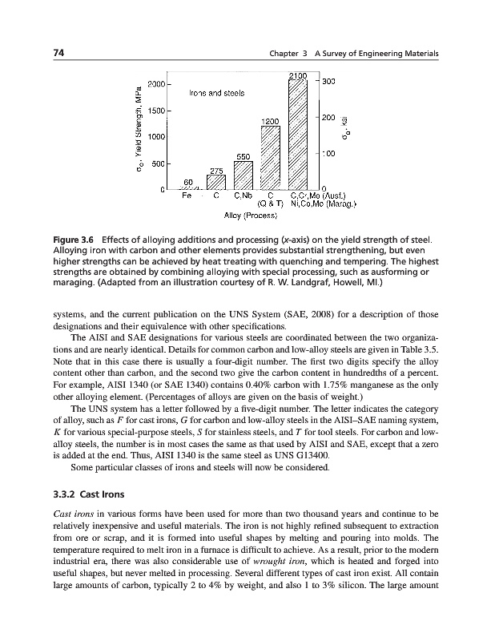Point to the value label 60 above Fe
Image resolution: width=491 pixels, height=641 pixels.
point(189,183)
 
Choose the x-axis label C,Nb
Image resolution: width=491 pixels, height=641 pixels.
point(243,194)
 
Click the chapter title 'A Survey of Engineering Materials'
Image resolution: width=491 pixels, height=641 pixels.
point(376,53)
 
